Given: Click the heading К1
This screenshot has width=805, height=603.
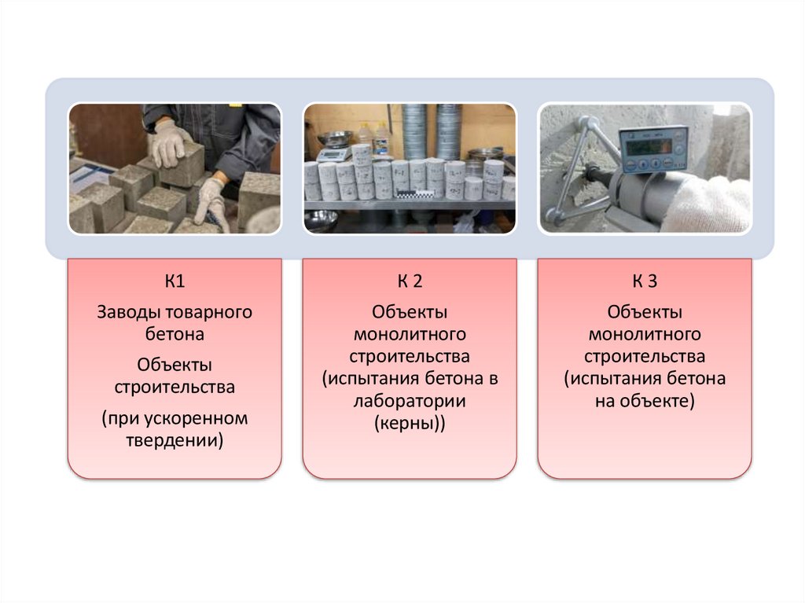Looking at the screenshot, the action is pyautogui.click(x=175, y=281).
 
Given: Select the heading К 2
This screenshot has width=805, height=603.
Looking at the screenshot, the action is pyautogui.click(x=410, y=281).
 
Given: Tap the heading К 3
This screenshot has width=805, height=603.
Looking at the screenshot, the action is pyautogui.click(x=645, y=281).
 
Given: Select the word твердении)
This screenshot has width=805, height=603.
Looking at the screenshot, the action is pyautogui.click(x=175, y=440).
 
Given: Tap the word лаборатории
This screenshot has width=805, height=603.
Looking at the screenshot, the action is pyautogui.click(x=410, y=402).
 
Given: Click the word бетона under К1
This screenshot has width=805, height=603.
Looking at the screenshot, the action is pyautogui.click(x=175, y=334).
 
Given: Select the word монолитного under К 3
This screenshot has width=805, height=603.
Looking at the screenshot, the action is pyautogui.click(x=645, y=334).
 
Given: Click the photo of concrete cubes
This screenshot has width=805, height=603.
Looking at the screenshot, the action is pyautogui.click(x=175, y=168).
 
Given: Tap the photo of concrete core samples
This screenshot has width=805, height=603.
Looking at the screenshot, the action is pyautogui.click(x=410, y=168).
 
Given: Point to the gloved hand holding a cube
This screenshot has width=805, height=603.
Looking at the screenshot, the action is pyautogui.click(x=169, y=142).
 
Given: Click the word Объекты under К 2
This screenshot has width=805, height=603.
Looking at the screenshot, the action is pyautogui.click(x=410, y=312).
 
